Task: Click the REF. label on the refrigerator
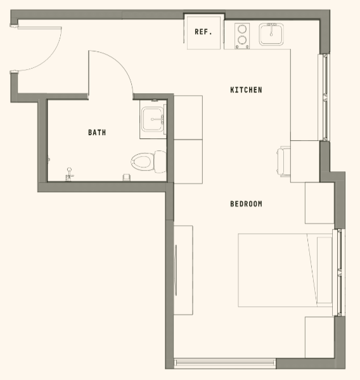203,32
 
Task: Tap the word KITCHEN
246,90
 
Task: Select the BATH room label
97,133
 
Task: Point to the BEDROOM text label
246,204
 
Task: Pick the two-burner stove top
241,35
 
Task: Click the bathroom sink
153,119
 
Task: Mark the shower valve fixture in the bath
70,172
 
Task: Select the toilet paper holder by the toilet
126,175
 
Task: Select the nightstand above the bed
319,203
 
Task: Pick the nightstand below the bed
319,336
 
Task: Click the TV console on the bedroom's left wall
184,270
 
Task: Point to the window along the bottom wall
225,363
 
